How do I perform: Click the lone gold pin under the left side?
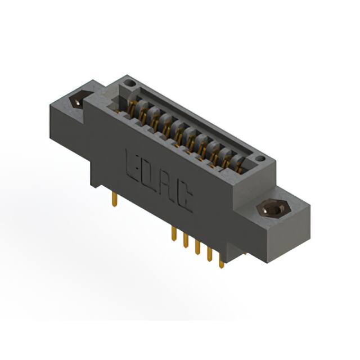point(115,198)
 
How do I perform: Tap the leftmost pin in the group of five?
point(173,235)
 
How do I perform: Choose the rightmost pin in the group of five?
point(221,262)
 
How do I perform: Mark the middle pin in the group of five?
point(197,249)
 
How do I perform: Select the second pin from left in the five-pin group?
point(185,241)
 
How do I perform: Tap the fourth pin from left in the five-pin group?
point(209,255)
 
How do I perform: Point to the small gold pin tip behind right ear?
point(245,254)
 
